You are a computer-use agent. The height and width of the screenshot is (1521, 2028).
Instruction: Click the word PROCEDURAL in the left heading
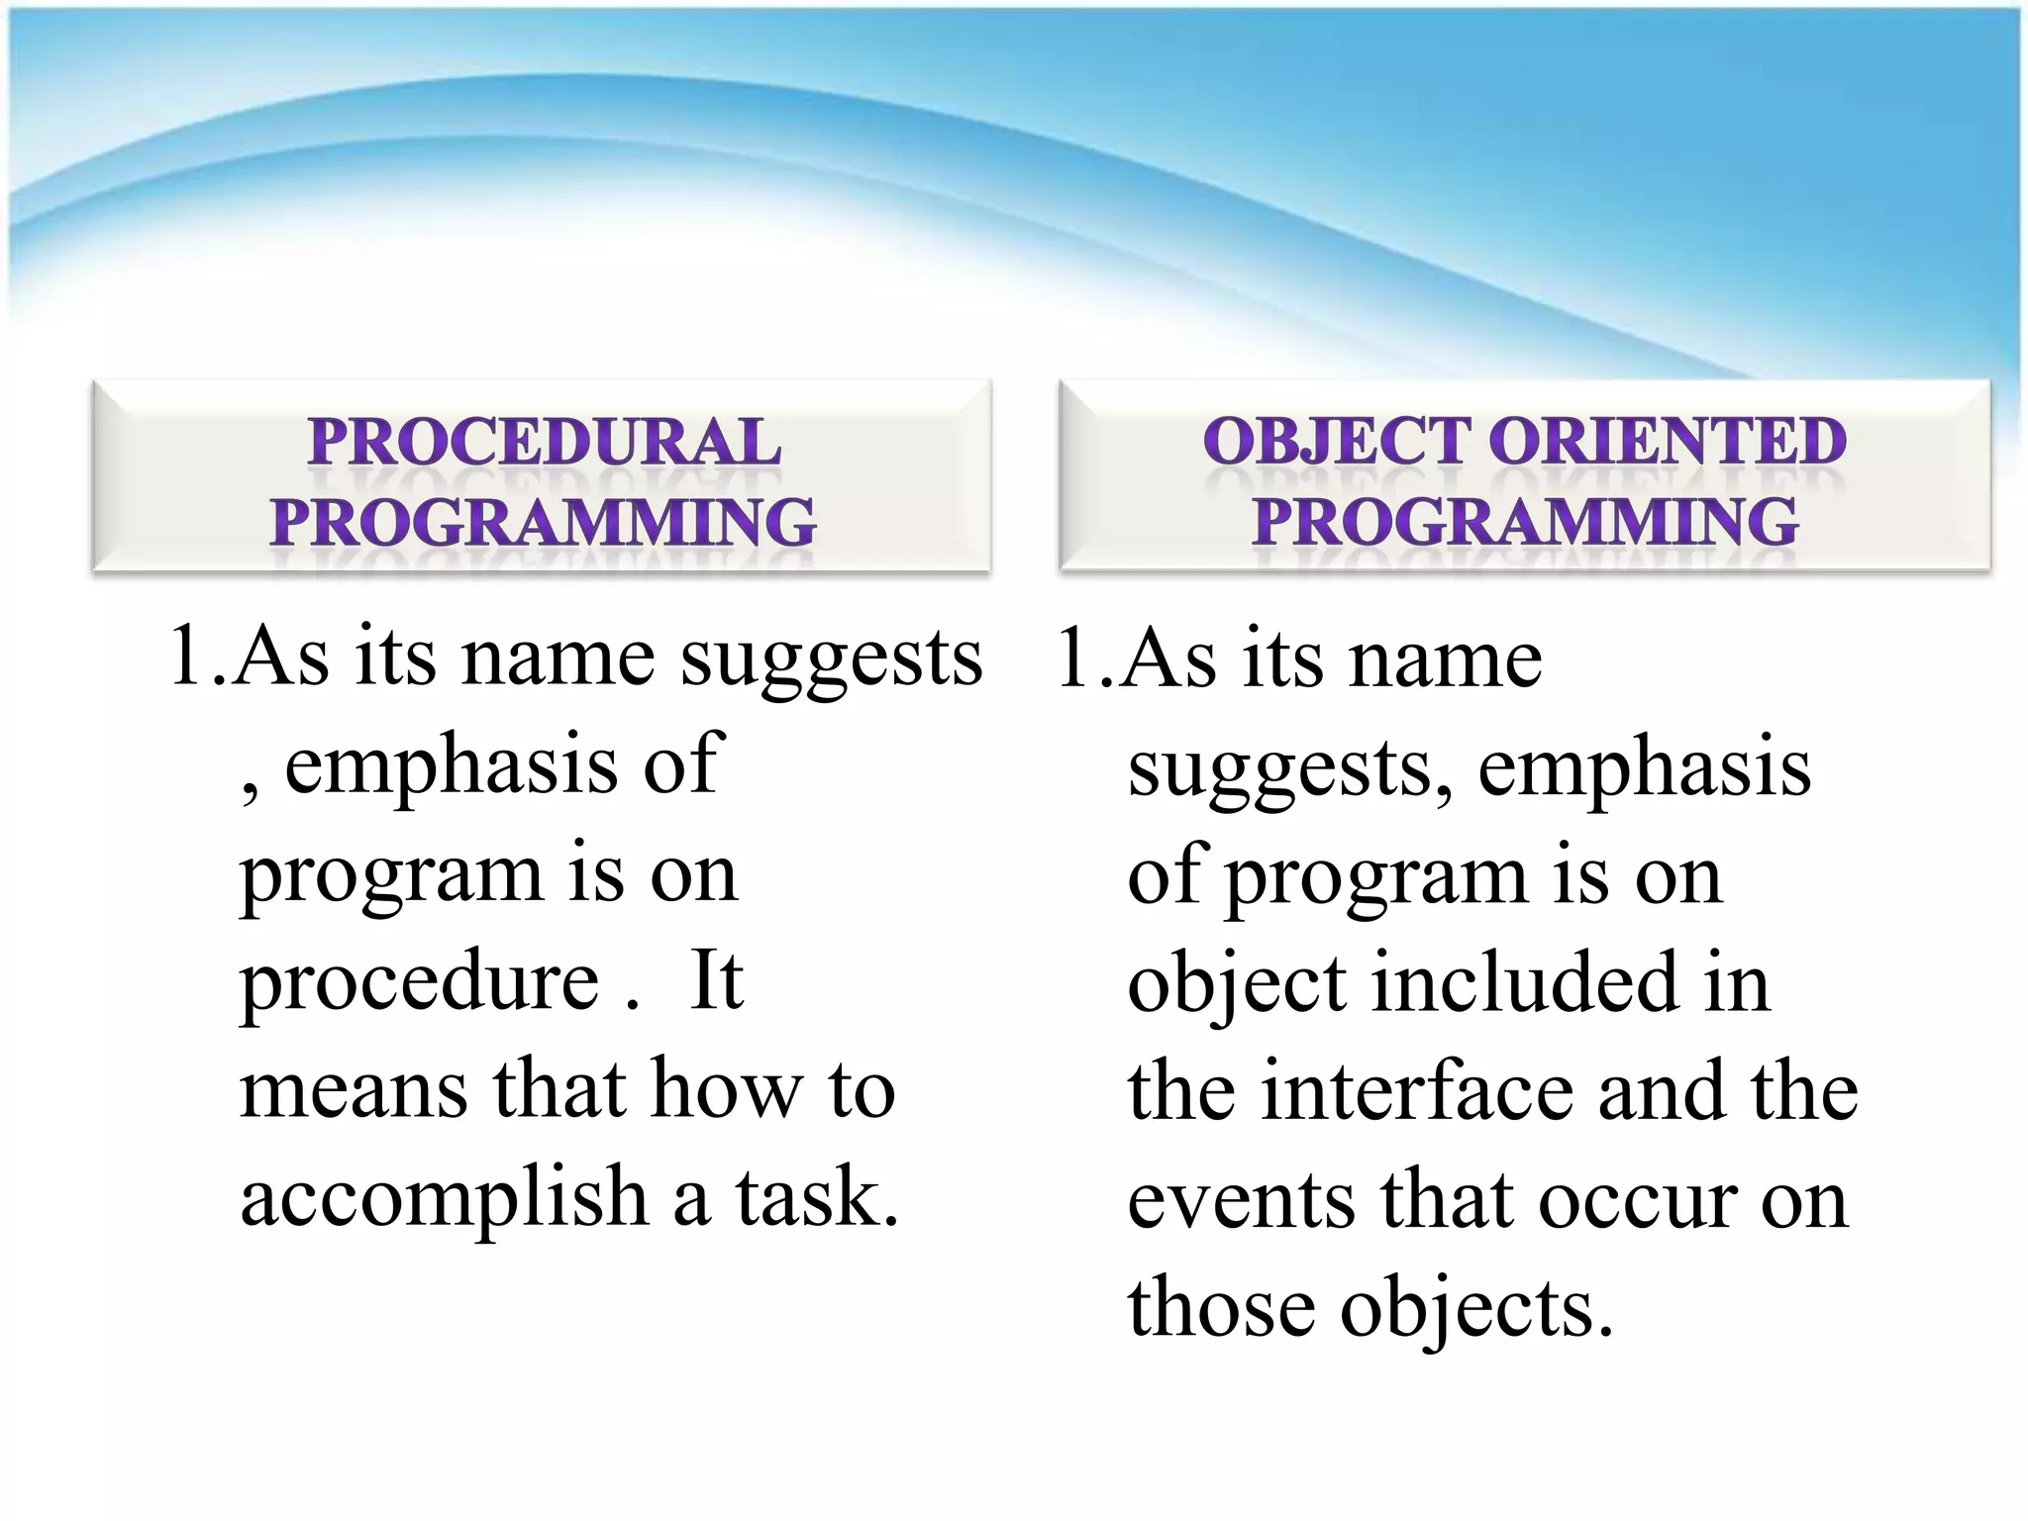pos(544,442)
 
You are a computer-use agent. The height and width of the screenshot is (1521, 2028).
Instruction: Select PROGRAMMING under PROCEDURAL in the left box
pos(544,522)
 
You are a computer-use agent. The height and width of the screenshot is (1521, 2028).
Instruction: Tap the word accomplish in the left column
pos(444,1196)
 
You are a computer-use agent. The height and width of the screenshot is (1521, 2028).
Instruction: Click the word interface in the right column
pos(1417,1090)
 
